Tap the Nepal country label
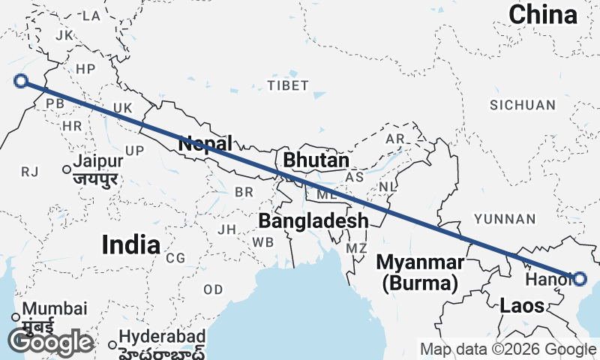pos(205,142)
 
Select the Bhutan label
pos(316,160)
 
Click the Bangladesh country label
pos(313,220)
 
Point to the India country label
pos(130,244)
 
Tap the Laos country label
pos(517,305)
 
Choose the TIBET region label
pos(287,85)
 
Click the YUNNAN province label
pos(505,219)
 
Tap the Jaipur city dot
pos(67,170)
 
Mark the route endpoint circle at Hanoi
pos(579,279)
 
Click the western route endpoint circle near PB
pos(21,81)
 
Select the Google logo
pos(50,342)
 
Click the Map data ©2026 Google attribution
pos(508,349)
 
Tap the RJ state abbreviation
pos(29,172)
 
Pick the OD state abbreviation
pos(213,289)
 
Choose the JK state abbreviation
pos(63,34)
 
